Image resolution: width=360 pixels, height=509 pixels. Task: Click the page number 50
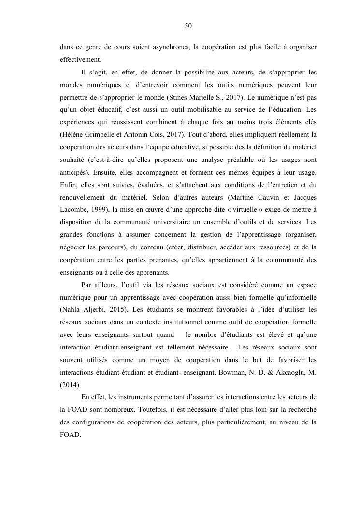188,26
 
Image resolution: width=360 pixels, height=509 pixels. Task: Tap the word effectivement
81,60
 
